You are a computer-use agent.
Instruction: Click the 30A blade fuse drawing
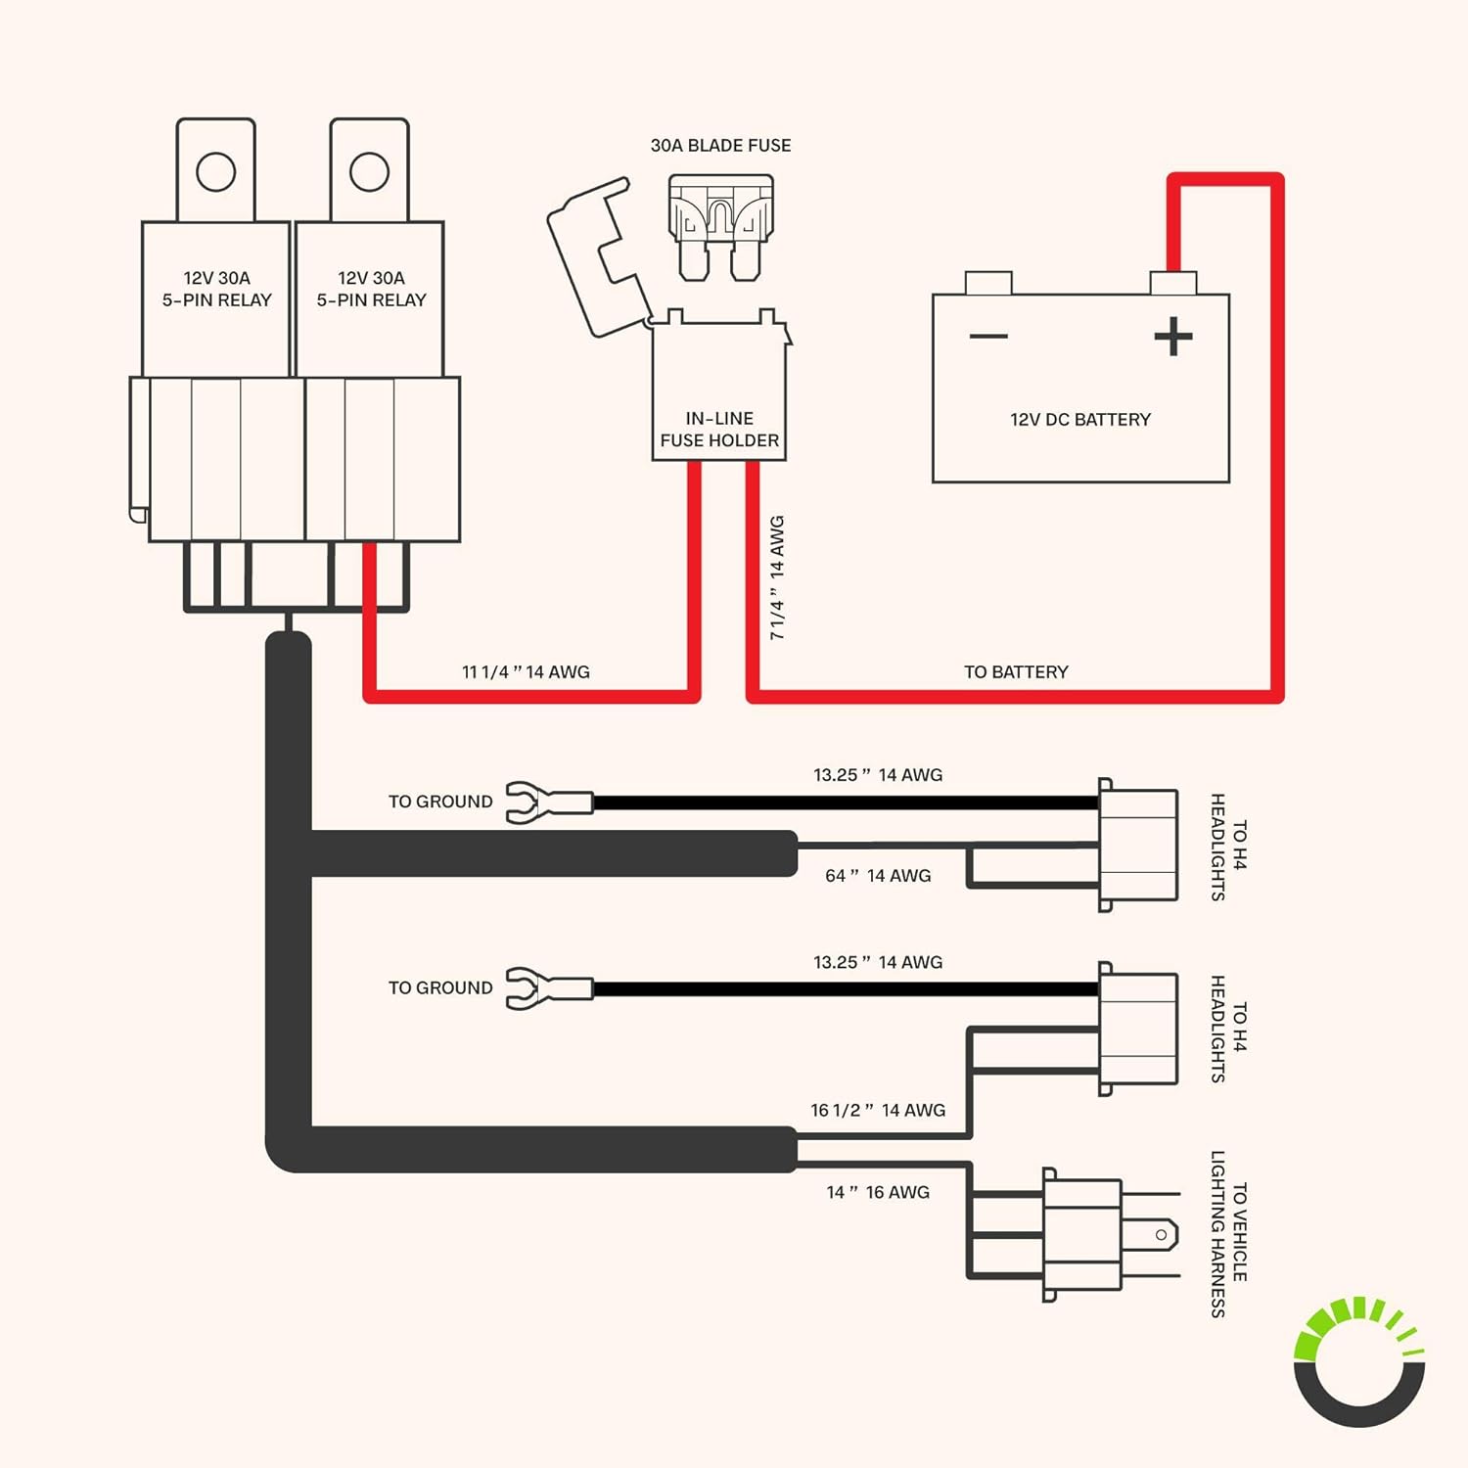pyautogui.click(x=721, y=226)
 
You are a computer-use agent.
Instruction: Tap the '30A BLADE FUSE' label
pyautogui.click(x=720, y=146)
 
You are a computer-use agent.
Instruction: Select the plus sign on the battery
pyautogui.click(x=1172, y=337)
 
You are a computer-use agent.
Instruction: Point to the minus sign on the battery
pyautogui.click(x=988, y=337)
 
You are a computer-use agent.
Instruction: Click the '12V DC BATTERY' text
pyautogui.click(x=1080, y=420)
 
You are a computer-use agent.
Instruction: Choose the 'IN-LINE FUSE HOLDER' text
pyautogui.click(x=719, y=430)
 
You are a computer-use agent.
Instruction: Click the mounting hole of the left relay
pyautogui.click(x=215, y=172)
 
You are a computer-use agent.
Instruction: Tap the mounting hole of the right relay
pyautogui.click(x=369, y=172)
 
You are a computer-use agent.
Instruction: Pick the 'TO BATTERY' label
pyautogui.click(x=1016, y=672)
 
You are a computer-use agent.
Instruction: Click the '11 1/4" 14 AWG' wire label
pyautogui.click(x=526, y=672)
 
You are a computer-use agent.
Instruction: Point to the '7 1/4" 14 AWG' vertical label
pyautogui.click(x=777, y=577)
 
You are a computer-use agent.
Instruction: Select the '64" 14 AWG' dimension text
pyautogui.click(x=878, y=876)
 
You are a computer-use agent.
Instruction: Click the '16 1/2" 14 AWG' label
pyautogui.click(x=878, y=1111)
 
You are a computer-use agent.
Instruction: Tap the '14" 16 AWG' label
pyautogui.click(x=878, y=1193)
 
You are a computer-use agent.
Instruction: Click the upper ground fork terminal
pyautogui.click(x=548, y=803)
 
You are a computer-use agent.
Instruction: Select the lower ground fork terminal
pyautogui.click(x=548, y=988)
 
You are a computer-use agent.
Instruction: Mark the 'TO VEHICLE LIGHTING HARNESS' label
pyautogui.click(x=1229, y=1233)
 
